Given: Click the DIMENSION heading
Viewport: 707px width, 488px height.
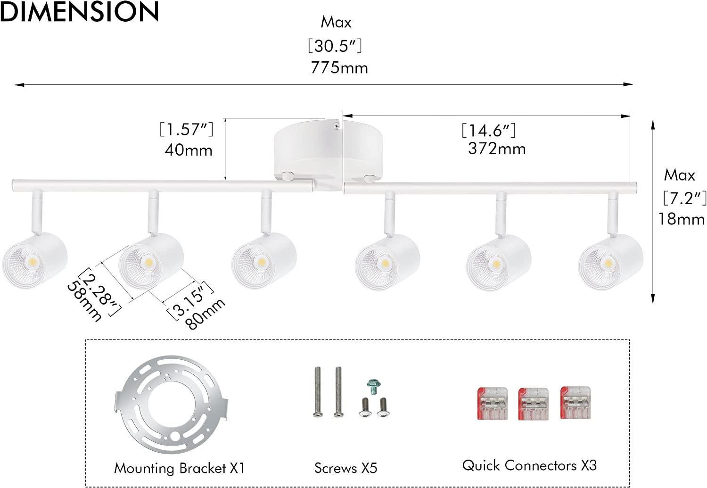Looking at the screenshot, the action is (79, 11).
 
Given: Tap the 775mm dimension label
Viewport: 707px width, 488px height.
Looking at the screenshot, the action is (339, 68).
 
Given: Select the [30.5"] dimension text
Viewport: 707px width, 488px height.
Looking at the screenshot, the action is (335, 46).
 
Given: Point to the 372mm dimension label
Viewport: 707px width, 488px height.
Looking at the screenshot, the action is (497, 149).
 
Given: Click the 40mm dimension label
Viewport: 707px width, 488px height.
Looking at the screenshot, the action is (189, 150).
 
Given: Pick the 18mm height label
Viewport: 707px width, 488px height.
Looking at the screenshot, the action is (681, 219).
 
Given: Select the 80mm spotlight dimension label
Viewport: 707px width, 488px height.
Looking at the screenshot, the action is (205, 314).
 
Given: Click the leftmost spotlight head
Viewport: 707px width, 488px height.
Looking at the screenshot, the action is (35, 260).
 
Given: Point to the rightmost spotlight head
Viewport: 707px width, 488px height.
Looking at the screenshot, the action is (611, 262).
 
